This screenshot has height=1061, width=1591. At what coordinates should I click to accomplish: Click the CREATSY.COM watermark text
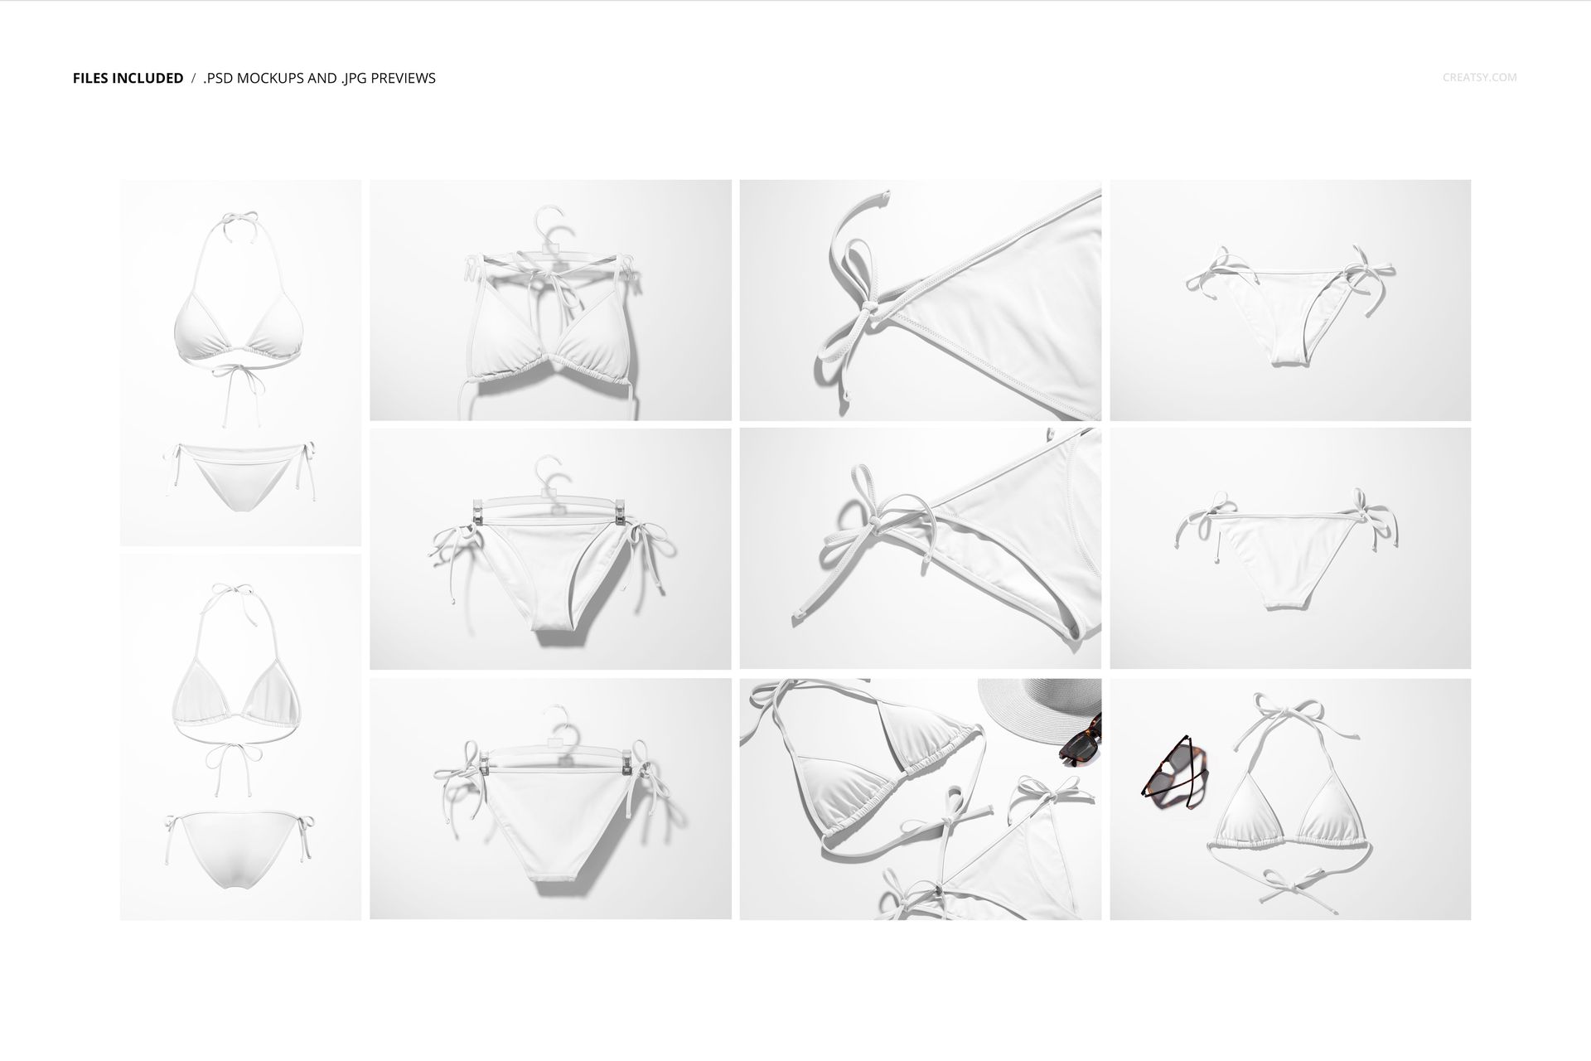(x=1479, y=78)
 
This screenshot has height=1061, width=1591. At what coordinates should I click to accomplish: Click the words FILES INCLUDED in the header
(x=128, y=79)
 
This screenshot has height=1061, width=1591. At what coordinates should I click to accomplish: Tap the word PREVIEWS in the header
(x=403, y=79)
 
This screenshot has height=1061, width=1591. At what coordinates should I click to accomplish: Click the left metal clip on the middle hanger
(x=477, y=512)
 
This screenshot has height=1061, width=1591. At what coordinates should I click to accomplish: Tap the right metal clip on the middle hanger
(x=620, y=512)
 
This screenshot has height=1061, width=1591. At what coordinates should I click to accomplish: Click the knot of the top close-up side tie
(x=866, y=310)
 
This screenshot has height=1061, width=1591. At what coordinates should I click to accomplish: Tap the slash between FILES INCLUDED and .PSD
(x=193, y=79)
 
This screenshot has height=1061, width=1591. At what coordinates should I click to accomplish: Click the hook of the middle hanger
(x=550, y=471)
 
